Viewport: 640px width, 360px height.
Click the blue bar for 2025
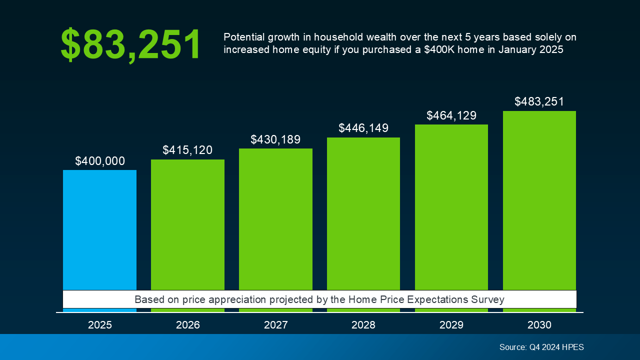[99, 230]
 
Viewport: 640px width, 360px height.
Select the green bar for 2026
[187, 225]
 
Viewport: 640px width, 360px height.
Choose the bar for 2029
[451, 207]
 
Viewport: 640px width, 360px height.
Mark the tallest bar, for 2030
[539, 200]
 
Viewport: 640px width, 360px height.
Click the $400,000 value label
[100, 161]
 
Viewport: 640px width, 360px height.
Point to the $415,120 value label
[187, 150]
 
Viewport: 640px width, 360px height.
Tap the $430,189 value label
[275, 139]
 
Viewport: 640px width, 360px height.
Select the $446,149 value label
[363, 128]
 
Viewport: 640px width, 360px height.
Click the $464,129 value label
[451, 115]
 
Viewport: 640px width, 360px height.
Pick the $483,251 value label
[539, 102]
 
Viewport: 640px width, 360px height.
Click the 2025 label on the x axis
[100, 325]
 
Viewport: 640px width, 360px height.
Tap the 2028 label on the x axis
[363, 325]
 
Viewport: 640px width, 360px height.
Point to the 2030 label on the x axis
[539, 325]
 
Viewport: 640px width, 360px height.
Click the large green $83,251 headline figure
[130, 45]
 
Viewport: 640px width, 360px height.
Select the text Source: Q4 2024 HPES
[541, 347]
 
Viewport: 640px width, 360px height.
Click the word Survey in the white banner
[488, 299]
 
